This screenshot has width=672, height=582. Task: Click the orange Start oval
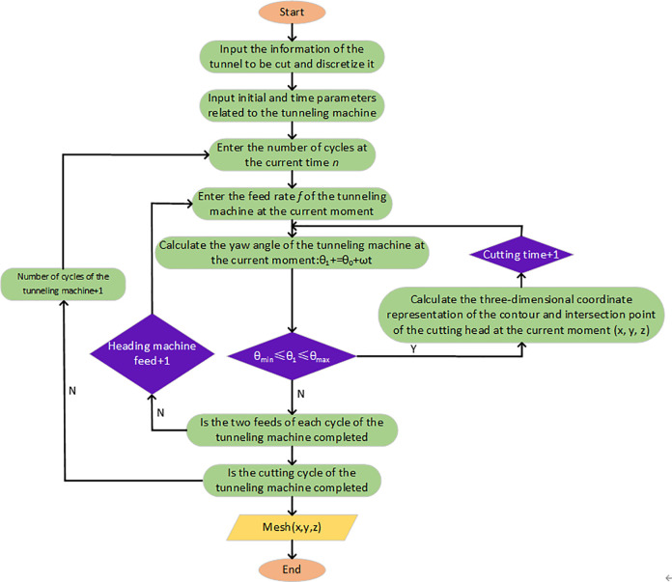click(x=292, y=12)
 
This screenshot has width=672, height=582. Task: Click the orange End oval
click(x=292, y=569)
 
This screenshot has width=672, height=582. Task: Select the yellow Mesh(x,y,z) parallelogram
click(x=292, y=527)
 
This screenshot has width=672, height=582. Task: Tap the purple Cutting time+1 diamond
click(x=521, y=255)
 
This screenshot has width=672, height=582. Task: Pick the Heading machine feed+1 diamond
click(x=152, y=353)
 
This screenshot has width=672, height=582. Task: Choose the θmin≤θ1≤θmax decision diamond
click(x=292, y=356)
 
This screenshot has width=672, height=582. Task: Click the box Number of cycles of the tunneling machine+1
click(x=63, y=284)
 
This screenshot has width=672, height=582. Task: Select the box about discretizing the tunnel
click(x=292, y=57)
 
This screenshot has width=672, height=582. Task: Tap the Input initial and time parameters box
click(x=292, y=105)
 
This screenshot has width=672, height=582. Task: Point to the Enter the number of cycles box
click(x=292, y=154)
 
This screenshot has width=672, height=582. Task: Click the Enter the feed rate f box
click(x=292, y=204)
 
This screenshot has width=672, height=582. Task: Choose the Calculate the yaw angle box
click(x=292, y=253)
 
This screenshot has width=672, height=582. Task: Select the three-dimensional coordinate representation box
click(x=521, y=315)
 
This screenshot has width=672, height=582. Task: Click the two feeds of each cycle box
click(x=292, y=430)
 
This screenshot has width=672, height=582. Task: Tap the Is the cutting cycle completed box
click(x=292, y=481)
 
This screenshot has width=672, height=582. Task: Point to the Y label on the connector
click(x=413, y=348)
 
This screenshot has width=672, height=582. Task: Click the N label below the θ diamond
click(x=301, y=394)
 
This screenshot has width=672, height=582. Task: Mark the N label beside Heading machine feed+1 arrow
click(x=160, y=413)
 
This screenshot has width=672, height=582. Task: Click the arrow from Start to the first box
click(x=292, y=32)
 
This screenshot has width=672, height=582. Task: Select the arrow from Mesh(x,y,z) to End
click(x=292, y=549)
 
